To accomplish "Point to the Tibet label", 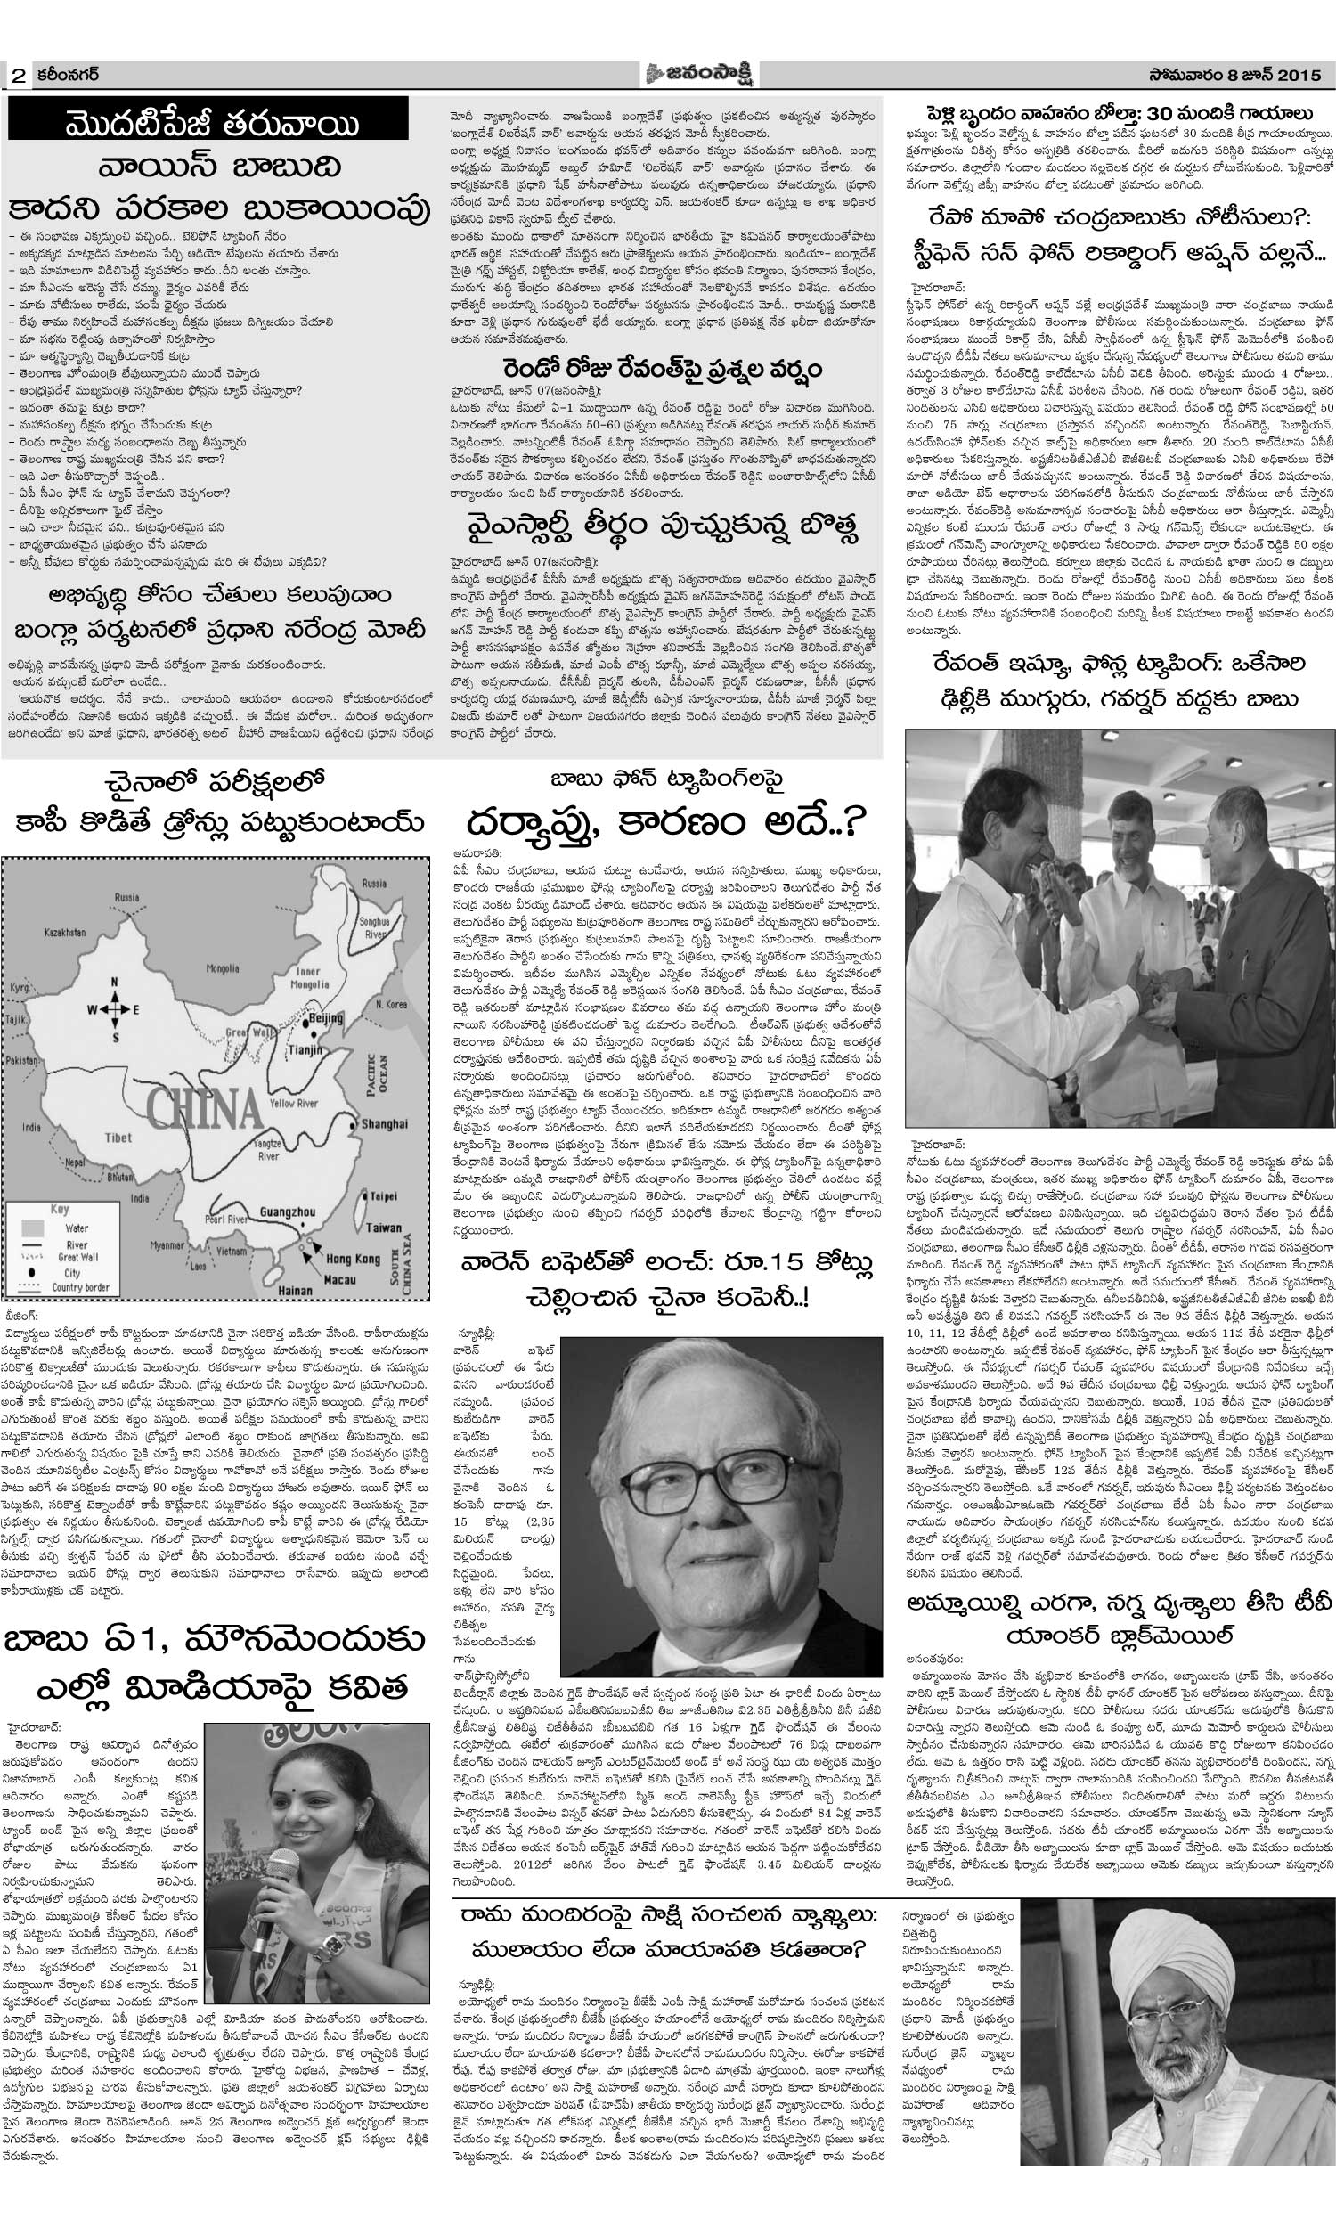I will coord(118,1137).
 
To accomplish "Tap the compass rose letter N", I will coord(112,981).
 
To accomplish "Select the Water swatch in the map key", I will coord(34,1227).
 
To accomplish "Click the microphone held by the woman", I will coord(261,1855).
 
